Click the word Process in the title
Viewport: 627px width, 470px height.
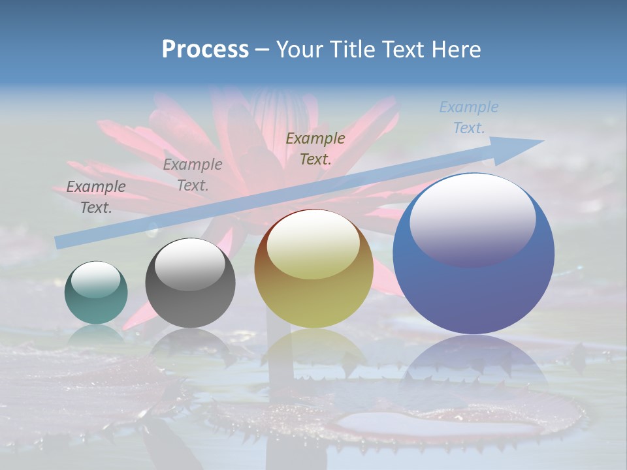pyautogui.click(x=205, y=50)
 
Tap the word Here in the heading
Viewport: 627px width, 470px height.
pyautogui.click(x=457, y=50)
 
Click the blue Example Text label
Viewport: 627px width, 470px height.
pyautogui.click(x=469, y=117)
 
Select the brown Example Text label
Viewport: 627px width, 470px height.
pyautogui.click(x=315, y=148)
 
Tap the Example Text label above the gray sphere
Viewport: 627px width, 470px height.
pyautogui.click(x=193, y=174)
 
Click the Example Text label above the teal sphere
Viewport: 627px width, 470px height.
pyautogui.click(x=96, y=196)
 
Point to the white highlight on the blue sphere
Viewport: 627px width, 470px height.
pyautogui.click(x=472, y=219)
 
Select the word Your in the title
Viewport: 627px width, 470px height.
pyautogui.click(x=298, y=50)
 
